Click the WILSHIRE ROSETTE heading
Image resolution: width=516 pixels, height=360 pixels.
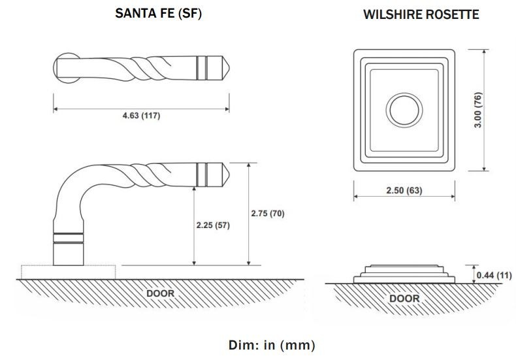[421, 14]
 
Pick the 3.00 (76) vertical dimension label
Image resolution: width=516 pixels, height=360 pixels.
[478, 110]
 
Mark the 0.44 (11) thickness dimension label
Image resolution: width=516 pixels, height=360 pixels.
[494, 274]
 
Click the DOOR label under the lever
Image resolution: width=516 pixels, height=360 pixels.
[160, 293]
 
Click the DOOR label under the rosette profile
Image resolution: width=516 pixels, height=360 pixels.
[404, 299]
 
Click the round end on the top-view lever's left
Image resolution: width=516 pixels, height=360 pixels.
[64, 67]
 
